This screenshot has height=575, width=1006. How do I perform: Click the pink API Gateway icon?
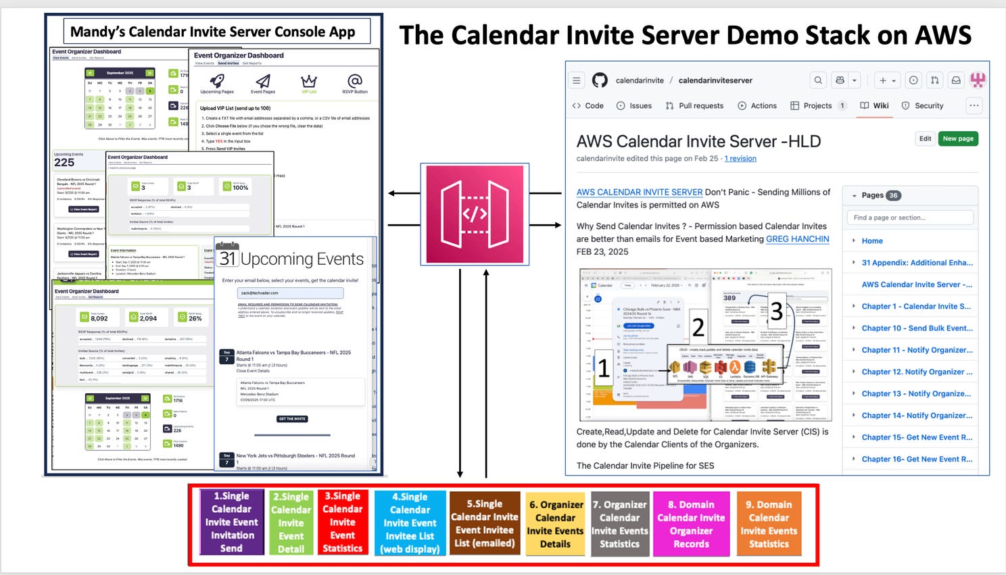point(475,214)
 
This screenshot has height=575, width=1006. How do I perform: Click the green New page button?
point(958,139)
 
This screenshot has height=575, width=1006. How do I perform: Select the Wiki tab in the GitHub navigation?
point(874,105)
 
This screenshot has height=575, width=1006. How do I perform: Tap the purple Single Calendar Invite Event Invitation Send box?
point(231,522)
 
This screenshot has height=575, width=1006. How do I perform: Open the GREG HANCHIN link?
point(797,239)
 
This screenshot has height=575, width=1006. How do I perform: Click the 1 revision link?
point(740,159)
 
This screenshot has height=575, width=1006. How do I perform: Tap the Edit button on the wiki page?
point(925,139)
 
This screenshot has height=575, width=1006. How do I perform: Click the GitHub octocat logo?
point(600,80)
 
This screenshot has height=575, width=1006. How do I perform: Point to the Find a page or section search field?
point(909,218)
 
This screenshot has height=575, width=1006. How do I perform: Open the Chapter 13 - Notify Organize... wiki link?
point(916,393)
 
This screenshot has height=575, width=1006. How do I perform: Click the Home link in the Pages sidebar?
point(872,241)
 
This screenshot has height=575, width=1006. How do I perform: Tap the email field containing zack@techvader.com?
point(290,293)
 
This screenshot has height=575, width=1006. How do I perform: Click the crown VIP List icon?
point(309,82)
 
